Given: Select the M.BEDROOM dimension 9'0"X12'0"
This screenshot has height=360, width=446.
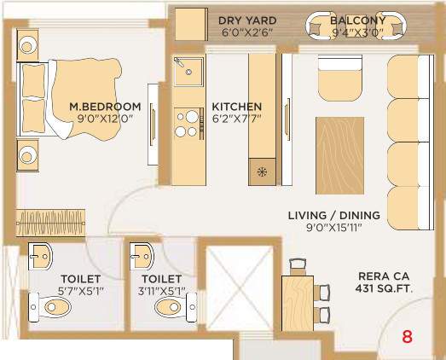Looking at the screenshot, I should (105, 120).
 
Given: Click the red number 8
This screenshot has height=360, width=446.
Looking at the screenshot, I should (407, 336).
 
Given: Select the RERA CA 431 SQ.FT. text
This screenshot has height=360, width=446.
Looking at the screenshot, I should (383, 282).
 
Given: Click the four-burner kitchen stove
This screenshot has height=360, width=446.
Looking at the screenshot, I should (183, 125).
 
